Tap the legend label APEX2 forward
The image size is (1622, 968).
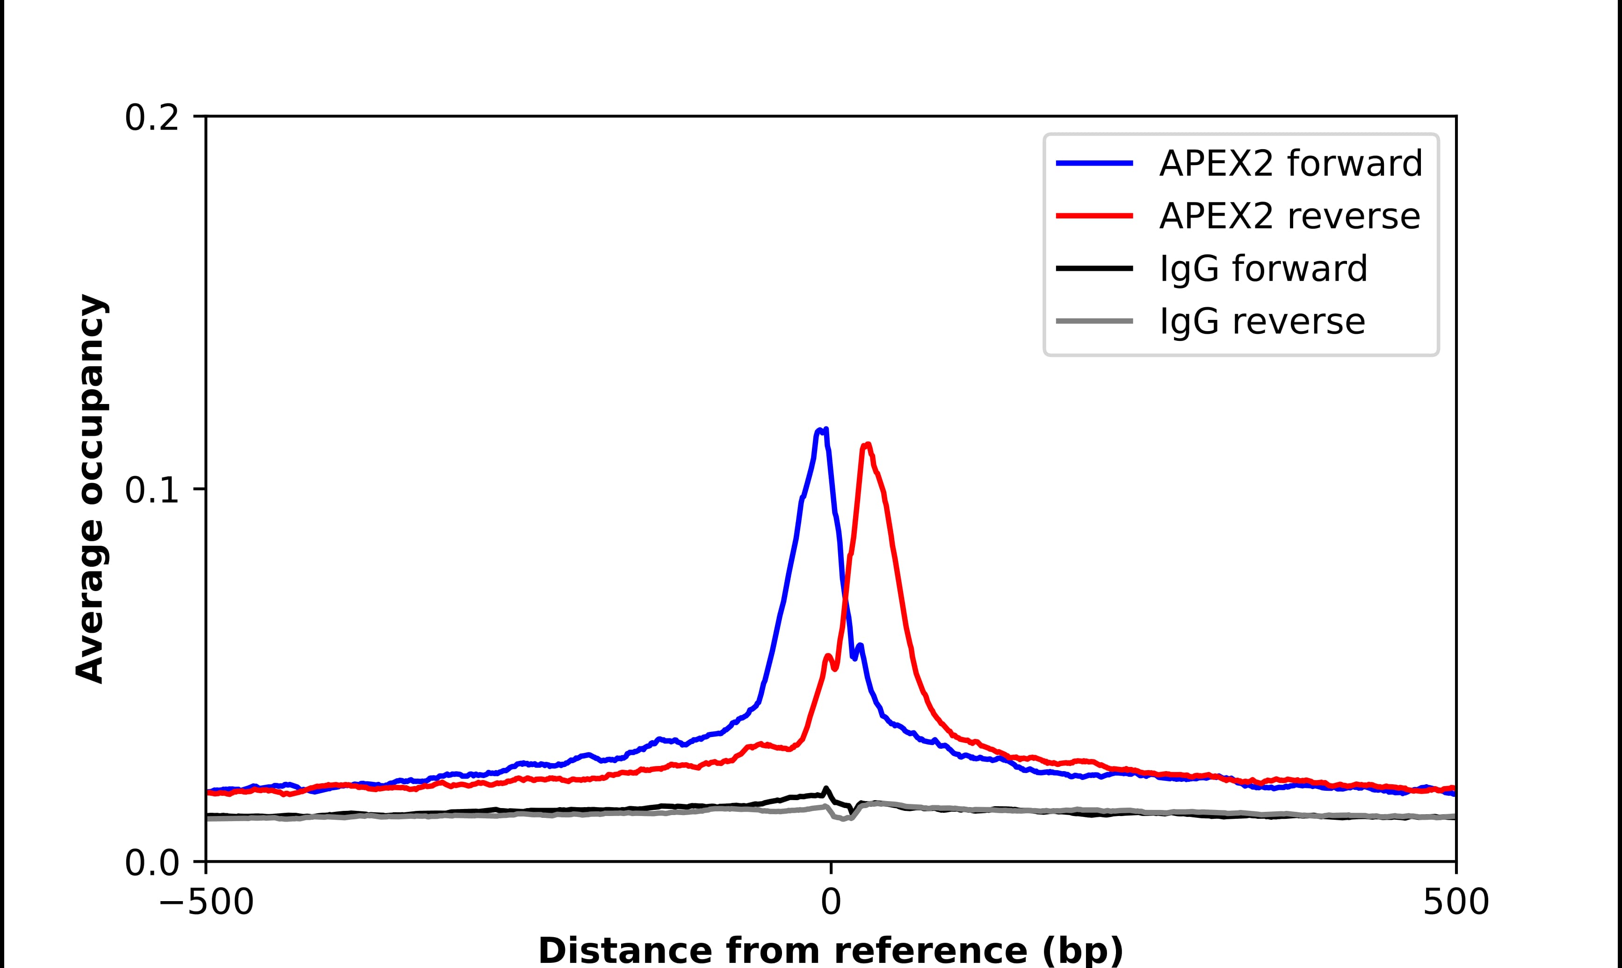pos(1290,163)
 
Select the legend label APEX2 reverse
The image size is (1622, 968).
pos(1289,216)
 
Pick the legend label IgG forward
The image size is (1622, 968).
pos(1263,269)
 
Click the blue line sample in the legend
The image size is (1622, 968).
pos(1094,163)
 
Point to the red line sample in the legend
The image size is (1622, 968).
pos(1094,216)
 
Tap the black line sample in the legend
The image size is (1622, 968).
pos(1094,268)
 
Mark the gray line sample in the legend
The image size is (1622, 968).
pos(1094,321)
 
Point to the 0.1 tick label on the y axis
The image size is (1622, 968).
pos(152,491)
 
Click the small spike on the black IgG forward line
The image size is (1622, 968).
pos(826,789)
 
